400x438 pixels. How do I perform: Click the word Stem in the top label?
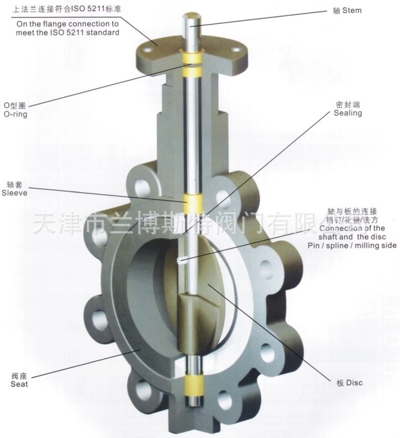point(352,11)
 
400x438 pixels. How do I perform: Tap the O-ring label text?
point(15,114)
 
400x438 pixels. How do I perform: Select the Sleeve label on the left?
point(14,193)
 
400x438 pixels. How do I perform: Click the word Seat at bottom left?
point(19,384)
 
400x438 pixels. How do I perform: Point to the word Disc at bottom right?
point(354,382)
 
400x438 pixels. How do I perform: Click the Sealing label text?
point(348,113)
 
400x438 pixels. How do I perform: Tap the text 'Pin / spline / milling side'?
point(352,246)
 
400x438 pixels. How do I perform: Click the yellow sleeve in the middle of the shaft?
point(192,204)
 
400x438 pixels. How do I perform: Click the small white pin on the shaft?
point(181,261)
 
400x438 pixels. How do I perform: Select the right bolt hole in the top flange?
point(236,50)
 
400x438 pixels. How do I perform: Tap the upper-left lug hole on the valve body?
point(142,188)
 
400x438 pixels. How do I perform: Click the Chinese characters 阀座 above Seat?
point(19,376)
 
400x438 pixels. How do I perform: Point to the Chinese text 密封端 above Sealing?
point(348,105)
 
